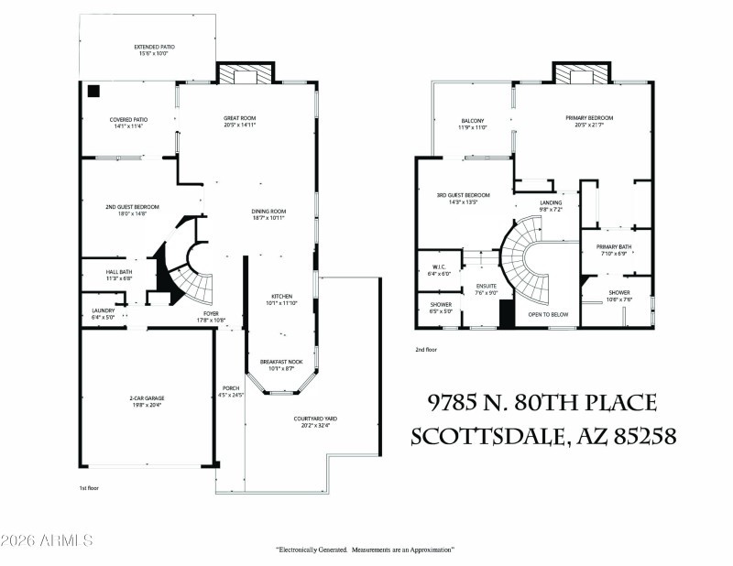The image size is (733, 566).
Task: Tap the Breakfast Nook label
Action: (279, 365)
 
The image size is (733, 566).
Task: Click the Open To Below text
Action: (548, 314)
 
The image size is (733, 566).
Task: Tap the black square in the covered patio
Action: (93, 92)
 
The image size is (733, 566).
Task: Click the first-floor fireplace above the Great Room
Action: (246, 74)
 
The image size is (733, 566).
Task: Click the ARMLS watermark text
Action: (47, 540)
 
